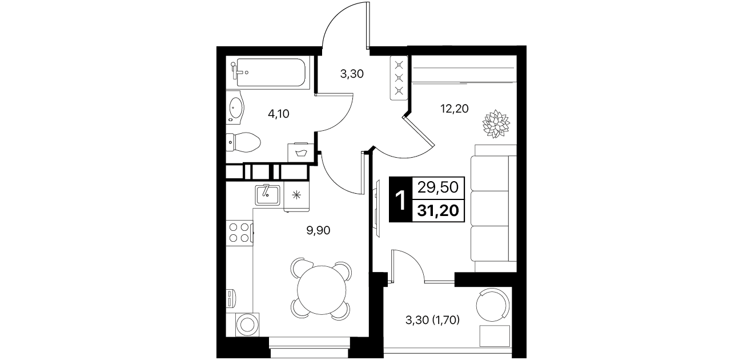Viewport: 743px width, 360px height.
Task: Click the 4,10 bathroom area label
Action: (278, 114)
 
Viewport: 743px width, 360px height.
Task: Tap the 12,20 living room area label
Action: (454, 109)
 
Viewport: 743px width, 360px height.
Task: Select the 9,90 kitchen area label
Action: (318, 230)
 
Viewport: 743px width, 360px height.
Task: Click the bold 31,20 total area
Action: (438, 210)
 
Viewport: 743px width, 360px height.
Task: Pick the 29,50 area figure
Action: (438, 187)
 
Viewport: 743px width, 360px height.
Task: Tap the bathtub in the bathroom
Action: (271, 73)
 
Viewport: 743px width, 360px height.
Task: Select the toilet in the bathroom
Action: (243, 142)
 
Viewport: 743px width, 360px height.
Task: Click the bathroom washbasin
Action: (236, 108)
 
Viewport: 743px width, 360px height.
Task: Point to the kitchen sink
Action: (267, 195)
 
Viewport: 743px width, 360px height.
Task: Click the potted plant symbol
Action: (496, 124)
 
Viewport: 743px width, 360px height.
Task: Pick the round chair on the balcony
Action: (492, 305)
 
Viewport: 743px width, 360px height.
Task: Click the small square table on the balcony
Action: (495, 336)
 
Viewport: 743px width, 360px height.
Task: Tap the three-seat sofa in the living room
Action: (493, 209)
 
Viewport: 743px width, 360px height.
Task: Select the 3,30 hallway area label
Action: (352, 74)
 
